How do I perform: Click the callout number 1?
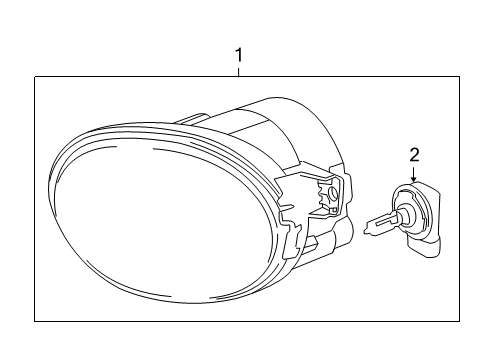tap(239, 56)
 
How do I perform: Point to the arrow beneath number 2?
tap(415, 176)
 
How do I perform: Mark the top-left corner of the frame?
tap(34, 78)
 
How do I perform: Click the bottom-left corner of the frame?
tap(34, 321)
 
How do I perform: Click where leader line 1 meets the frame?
tap(239, 78)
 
